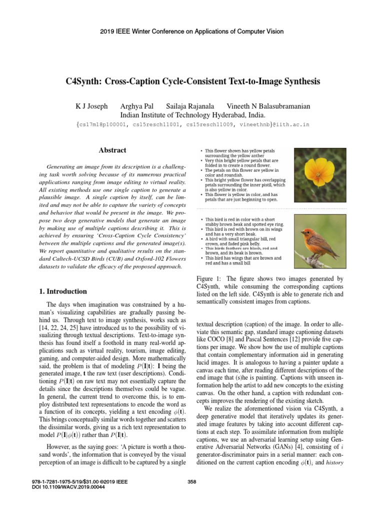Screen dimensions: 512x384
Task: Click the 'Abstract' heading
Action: (113, 150)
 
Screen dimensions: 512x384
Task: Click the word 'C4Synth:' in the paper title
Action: (86, 80)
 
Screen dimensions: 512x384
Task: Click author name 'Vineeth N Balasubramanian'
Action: (268, 106)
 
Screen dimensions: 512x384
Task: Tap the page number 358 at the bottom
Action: (191, 481)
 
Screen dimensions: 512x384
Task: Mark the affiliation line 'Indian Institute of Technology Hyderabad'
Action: (191, 114)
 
